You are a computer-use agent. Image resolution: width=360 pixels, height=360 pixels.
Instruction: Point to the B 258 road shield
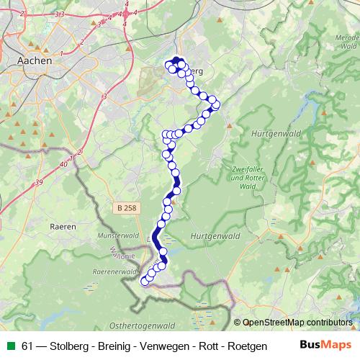coord(125,207)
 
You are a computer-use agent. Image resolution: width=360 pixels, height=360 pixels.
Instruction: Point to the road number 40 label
coord(65,165)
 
